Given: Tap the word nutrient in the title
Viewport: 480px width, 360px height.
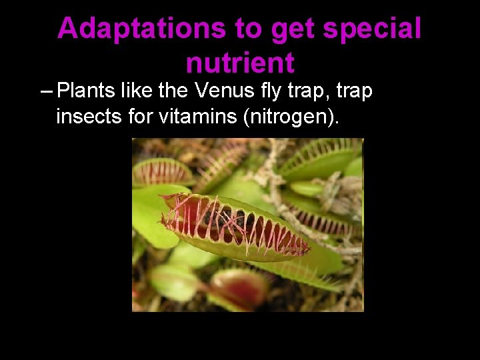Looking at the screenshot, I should [240, 63].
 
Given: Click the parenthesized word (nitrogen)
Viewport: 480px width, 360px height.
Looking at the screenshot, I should [291, 117].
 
